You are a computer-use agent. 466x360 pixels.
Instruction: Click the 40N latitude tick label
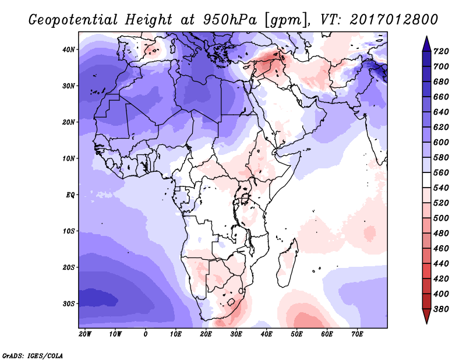(69, 50)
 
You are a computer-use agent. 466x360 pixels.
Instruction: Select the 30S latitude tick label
(69, 303)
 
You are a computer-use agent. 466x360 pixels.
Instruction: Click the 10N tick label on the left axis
(69, 158)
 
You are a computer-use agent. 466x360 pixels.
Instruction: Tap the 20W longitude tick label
(85, 334)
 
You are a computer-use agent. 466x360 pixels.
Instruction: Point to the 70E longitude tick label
(358, 334)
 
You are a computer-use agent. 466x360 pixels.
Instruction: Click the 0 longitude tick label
(146, 334)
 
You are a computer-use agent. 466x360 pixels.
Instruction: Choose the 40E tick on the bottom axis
(267, 334)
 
